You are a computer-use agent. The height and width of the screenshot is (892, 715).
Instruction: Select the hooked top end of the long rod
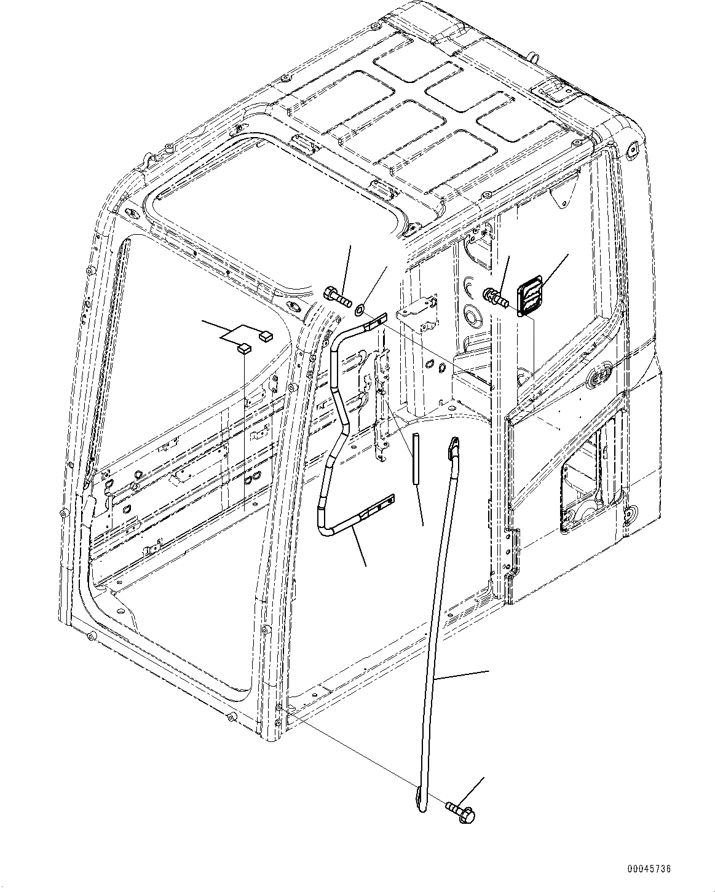[x=454, y=444]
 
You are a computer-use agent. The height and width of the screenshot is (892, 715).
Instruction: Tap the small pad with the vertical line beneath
[x=244, y=349]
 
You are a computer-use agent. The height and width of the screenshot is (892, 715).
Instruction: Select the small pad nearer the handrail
[x=266, y=336]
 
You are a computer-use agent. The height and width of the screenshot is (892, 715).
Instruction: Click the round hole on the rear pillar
[x=473, y=317]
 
